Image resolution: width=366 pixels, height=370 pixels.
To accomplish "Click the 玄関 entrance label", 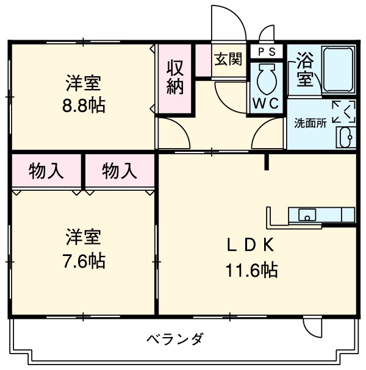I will [228, 59].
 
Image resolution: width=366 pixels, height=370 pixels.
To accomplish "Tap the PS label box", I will [267, 51].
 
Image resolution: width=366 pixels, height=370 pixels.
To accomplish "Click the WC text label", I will [267, 103].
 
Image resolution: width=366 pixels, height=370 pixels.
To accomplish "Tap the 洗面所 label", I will [310, 122].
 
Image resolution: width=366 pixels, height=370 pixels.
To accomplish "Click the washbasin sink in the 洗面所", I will [345, 137].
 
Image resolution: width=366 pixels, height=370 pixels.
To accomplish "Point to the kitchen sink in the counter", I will [307, 215].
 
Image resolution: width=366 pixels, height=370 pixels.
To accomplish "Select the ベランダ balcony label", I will [174, 338].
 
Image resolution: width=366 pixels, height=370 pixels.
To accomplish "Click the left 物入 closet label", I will [46, 171].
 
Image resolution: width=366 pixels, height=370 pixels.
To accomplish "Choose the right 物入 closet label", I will [119, 171].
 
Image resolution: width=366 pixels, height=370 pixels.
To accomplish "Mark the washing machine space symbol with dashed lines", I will [344, 111].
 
